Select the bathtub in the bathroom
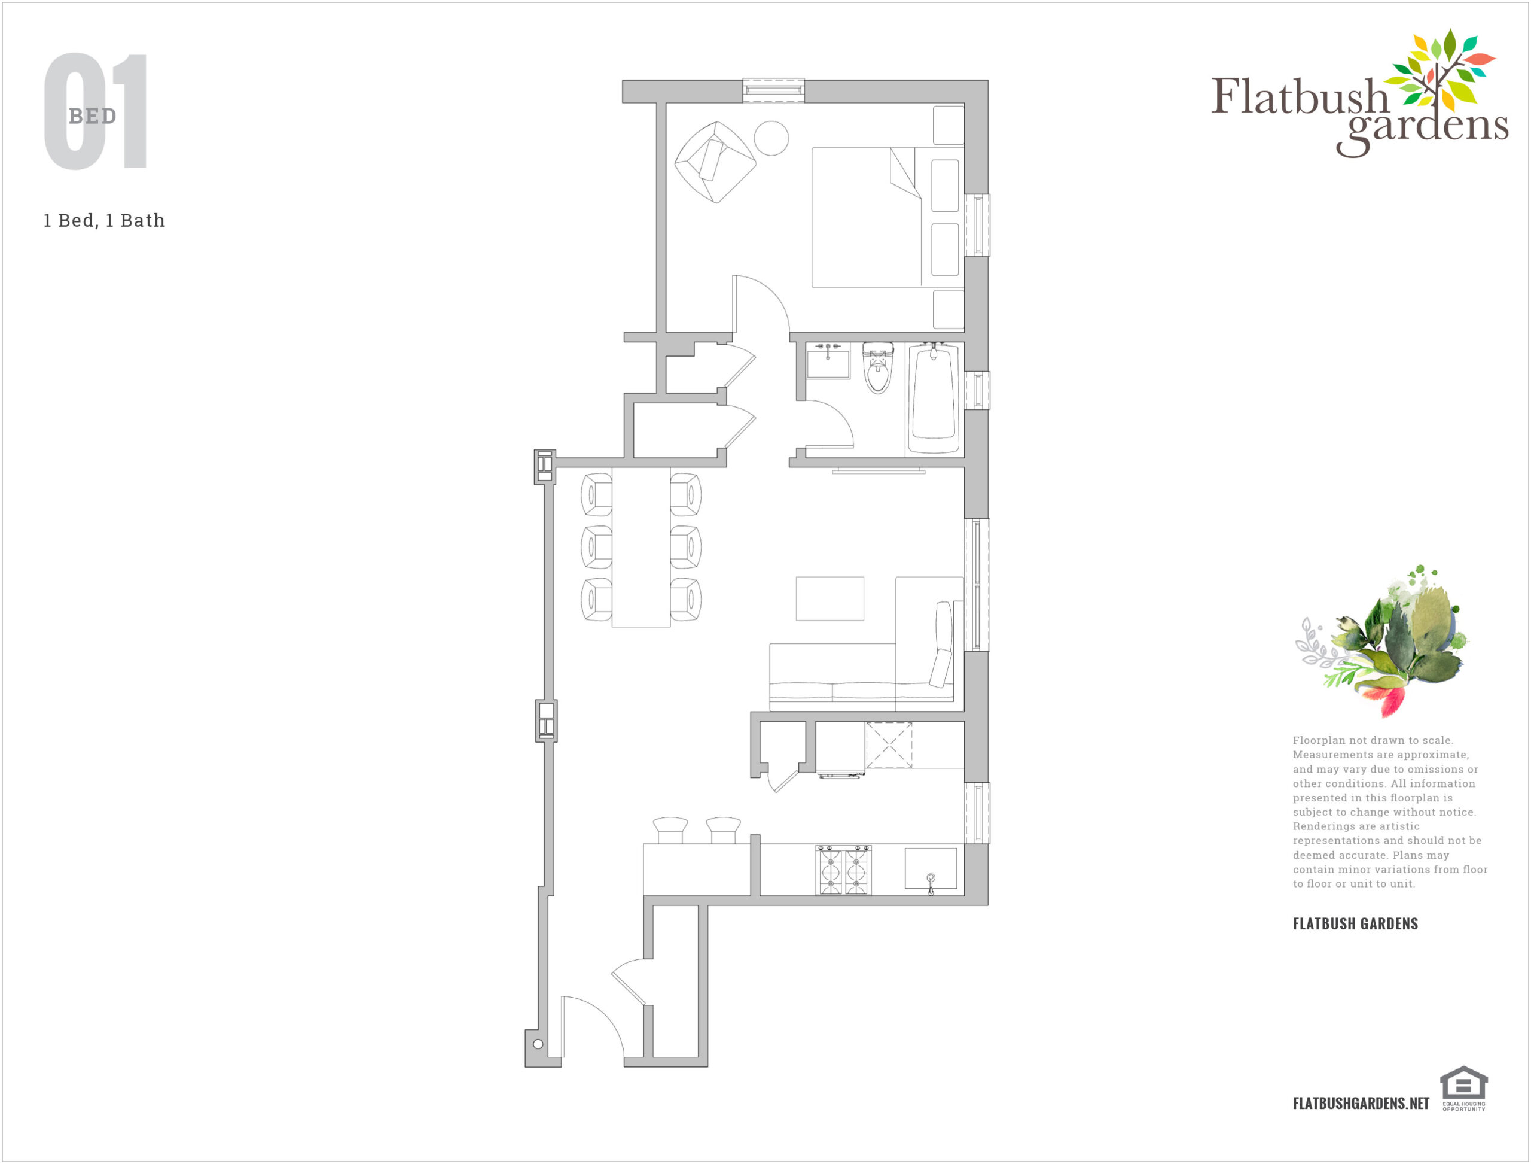click(934, 399)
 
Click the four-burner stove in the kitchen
click(843, 870)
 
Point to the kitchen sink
click(931, 869)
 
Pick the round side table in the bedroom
click(771, 139)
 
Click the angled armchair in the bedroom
click(715, 162)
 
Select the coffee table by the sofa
click(829, 598)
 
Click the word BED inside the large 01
click(93, 116)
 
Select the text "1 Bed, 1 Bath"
click(105, 220)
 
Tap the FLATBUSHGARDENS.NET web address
click(1361, 1103)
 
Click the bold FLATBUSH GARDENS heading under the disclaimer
click(1355, 923)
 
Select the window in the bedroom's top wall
click(773, 90)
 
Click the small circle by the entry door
click(538, 1044)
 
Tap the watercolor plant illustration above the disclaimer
click(1381, 641)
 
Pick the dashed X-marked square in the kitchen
click(889, 745)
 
